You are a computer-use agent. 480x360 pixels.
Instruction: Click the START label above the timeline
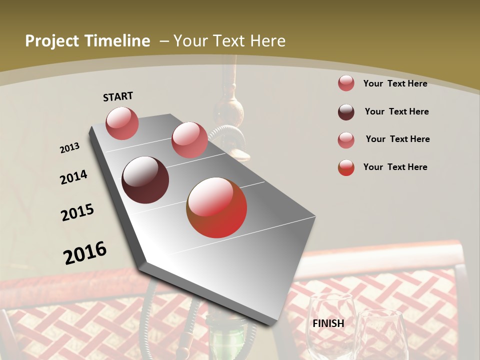pyautogui.click(x=118, y=96)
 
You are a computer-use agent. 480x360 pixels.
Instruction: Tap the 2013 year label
pyautogui.click(x=69, y=148)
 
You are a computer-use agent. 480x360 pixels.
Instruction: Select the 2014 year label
pyautogui.click(x=73, y=177)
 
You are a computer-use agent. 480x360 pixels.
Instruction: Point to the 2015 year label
pyautogui.click(x=77, y=212)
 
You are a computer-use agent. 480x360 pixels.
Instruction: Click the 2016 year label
pyautogui.click(x=85, y=252)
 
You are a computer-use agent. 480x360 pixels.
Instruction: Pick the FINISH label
pyautogui.click(x=328, y=323)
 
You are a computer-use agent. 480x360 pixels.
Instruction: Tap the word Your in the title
pyautogui.click(x=189, y=41)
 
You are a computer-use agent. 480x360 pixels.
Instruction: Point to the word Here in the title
pyautogui.click(x=267, y=41)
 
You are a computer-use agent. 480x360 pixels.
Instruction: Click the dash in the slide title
pyautogui.click(x=163, y=41)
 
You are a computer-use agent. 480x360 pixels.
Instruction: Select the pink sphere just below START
pyautogui.click(x=122, y=123)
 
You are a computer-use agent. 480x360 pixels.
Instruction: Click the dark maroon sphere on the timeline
pyautogui.click(x=145, y=180)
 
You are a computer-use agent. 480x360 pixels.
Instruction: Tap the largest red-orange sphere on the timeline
pyautogui.click(x=216, y=207)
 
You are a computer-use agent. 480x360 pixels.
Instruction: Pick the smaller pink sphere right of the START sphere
pyautogui.click(x=189, y=139)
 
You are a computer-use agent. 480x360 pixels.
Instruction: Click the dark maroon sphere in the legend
pyautogui.click(x=346, y=112)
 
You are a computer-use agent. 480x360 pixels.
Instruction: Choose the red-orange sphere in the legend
pyautogui.click(x=346, y=167)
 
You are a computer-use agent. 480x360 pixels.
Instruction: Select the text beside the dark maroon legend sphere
pyautogui.click(x=396, y=111)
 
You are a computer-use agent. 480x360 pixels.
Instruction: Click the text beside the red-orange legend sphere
pyautogui.click(x=395, y=167)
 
